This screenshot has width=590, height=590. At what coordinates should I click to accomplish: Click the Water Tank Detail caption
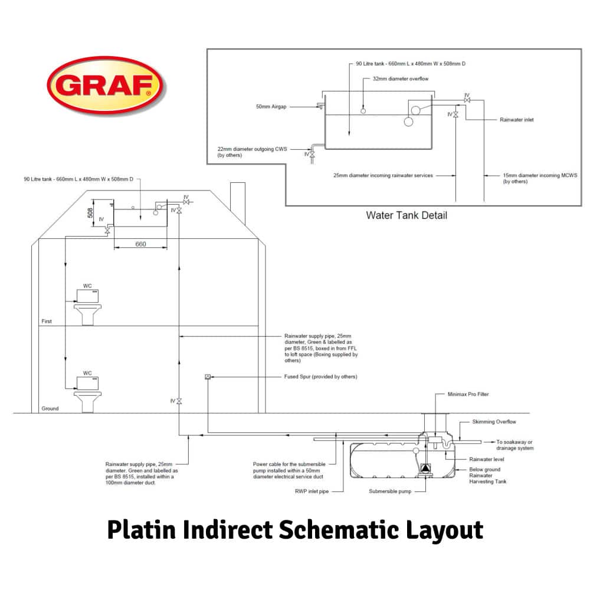(x=407, y=215)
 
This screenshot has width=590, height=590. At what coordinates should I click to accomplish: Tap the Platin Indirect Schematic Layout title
(x=295, y=529)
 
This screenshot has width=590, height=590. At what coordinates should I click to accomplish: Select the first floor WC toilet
(x=87, y=306)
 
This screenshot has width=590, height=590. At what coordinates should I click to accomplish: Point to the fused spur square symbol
(x=207, y=376)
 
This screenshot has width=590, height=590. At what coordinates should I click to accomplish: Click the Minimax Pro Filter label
(x=468, y=394)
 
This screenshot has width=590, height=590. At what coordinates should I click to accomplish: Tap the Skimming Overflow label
(x=494, y=422)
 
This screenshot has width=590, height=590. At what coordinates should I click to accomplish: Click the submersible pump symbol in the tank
(x=425, y=468)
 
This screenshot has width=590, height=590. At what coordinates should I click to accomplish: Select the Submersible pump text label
(x=390, y=491)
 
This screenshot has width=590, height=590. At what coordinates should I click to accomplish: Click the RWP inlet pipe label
(x=311, y=491)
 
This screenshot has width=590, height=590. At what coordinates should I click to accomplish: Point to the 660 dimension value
(x=139, y=244)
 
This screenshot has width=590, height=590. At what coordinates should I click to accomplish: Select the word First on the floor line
(x=47, y=322)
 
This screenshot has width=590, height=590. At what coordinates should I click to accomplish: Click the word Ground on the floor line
(x=50, y=408)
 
